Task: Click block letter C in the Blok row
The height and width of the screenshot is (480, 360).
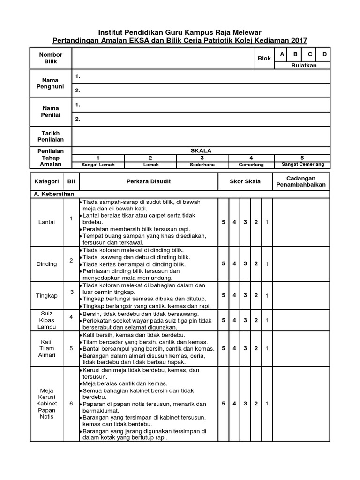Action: click(x=310, y=55)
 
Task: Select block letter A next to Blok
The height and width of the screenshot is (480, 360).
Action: click(x=282, y=55)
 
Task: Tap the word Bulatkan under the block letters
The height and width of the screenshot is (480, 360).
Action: click(x=304, y=65)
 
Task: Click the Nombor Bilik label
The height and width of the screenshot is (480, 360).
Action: click(x=51, y=58)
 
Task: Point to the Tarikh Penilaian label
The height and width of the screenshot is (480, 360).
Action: click(x=51, y=136)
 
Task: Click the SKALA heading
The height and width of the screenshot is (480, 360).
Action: click(x=201, y=150)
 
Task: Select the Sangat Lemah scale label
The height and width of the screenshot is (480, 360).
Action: click(x=97, y=165)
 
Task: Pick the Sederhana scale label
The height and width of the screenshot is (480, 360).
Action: click(x=201, y=165)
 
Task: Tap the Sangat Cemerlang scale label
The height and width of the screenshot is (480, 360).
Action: click(x=302, y=165)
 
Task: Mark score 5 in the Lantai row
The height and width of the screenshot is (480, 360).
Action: click(x=224, y=221)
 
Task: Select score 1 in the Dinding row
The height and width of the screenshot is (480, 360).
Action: click(x=267, y=264)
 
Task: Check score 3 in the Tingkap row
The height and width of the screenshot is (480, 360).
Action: click(x=245, y=295)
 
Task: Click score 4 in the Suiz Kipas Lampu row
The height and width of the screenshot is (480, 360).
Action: click(x=234, y=320)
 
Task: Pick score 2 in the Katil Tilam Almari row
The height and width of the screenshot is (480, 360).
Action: click(x=256, y=348)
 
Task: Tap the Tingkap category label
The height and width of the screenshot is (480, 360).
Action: click(x=46, y=295)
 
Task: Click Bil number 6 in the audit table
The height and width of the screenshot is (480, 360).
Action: click(x=71, y=403)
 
